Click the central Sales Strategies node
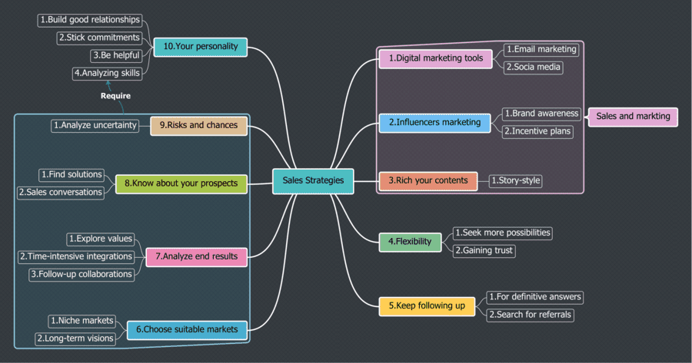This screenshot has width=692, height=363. pyautogui.click(x=313, y=181)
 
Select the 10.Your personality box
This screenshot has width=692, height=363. pyautogui.click(x=200, y=47)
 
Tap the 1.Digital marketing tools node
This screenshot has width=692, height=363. pyautogui.click(x=435, y=58)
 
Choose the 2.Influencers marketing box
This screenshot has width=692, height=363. pyautogui.click(x=434, y=122)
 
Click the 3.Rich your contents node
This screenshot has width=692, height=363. pyautogui.click(x=428, y=181)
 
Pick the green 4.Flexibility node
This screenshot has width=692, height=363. pyautogui.click(x=410, y=242)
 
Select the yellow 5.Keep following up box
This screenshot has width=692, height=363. pyautogui.click(x=427, y=306)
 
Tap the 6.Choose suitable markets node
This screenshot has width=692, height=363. pyautogui.click(x=188, y=330)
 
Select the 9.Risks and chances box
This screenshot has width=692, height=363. pyautogui.click(x=198, y=125)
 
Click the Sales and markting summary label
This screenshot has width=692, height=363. pyautogui.click(x=633, y=117)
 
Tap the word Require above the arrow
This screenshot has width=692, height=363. pyautogui.click(x=115, y=96)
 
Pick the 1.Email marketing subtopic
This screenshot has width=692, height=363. pyautogui.click(x=541, y=49)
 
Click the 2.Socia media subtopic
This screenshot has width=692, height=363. pyautogui.click(x=533, y=68)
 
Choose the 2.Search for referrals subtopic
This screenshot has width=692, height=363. pyautogui.click(x=530, y=315)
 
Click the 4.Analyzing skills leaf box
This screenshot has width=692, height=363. pyautogui.click(x=107, y=74)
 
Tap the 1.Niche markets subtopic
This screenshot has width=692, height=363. pyautogui.click(x=82, y=321)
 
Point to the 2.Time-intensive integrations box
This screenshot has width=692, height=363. pyautogui.click(x=75, y=256)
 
